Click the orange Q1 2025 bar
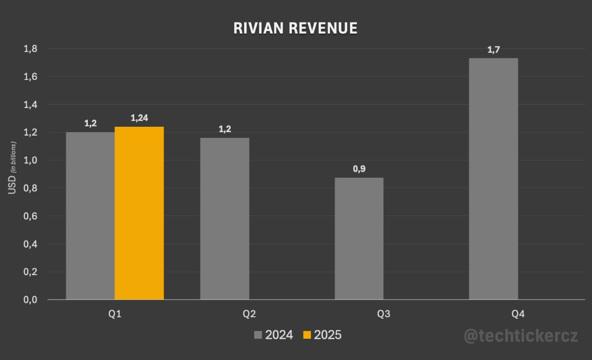coord(139,213)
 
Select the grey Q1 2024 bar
coord(90,216)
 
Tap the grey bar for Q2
coord(224,218)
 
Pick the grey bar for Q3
coord(359,239)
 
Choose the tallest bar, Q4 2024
coord(493,179)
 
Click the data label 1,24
coord(139,118)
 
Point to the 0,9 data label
coord(359,169)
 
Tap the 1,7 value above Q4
coord(493,50)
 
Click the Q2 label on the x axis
coord(249,314)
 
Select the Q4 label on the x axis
coord(518,314)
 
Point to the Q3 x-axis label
coord(383,314)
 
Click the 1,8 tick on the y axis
coord(31,49)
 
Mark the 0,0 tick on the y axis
coord(31,300)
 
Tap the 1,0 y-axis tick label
coord(31,160)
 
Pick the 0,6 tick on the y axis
coord(31,216)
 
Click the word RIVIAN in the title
coord(258,29)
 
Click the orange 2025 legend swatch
coord(307,335)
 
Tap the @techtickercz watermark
coord(520,336)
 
